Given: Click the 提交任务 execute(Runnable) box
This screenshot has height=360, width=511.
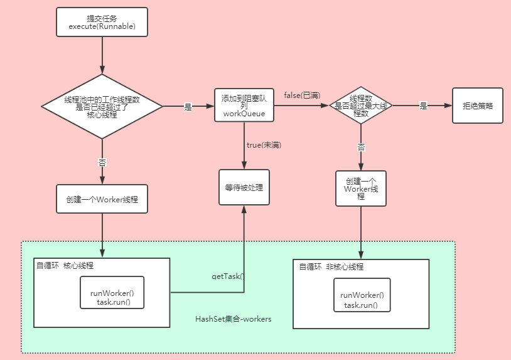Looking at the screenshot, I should (x=102, y=23).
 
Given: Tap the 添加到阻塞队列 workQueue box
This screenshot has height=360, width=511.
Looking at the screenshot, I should (x=244, y=104).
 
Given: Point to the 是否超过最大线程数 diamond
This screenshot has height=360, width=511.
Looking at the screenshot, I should (x=361, y=106).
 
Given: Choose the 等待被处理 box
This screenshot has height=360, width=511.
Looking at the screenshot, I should (x=244, y=187).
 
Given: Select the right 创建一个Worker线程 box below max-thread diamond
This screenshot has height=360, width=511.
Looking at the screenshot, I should (x=361, y=188).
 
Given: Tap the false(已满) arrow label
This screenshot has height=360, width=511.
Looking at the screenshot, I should (x=302, y=95).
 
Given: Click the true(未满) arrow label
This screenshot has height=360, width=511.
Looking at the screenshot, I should (x=264, y=145).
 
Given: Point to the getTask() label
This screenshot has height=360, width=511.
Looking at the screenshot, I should (x=227, y=276).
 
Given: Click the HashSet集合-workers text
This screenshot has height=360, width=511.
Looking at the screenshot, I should (x=234, y=319).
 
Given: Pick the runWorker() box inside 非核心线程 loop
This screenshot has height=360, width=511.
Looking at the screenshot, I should (x=361, y=300).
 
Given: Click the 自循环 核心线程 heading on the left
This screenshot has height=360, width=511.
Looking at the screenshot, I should (x=65, y=266).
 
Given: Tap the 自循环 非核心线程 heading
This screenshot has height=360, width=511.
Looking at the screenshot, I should (x=331, y=267).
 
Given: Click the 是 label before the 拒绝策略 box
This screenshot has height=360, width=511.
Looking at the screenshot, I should (x=423, y=106).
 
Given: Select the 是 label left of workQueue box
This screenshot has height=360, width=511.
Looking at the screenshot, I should (x=188, y=107).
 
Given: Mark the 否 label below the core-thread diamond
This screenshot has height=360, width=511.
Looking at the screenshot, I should (x=102, y=162).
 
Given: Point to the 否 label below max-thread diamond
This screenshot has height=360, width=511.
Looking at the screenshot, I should (x=361, y=146).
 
